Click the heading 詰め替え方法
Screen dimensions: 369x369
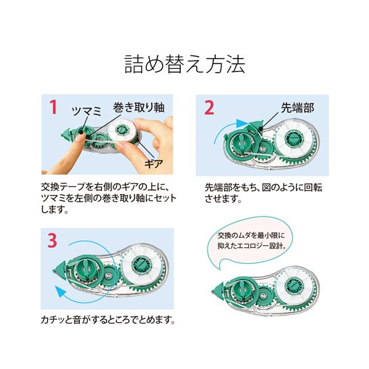pyautogui.click(x=184, y=64)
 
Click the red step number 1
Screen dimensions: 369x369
pyautogui.click(x=54, y=107)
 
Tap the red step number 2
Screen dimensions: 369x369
pyautogui.click(x=209, y=108)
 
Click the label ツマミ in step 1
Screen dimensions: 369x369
pyautogui.click(x=87, y=111)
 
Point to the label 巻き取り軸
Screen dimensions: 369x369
pyautogui.click(x=138, y=107)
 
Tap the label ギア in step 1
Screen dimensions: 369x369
pyautogui.click(x=154, y=164)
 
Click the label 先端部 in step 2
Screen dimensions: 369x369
pyautogui.click(x=298, y=108)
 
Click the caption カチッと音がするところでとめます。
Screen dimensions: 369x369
pyautogui.click(x=108, y=320)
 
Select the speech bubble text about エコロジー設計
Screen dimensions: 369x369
pyautogui.click(x=251, y=240)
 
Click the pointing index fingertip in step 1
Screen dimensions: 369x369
pyautogui.click(x=79, y=140)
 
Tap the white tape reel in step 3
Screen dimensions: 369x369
pyautogui.click(x=141, y=266)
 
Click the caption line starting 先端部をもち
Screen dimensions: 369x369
pyautogui.click(x=263, y=188)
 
